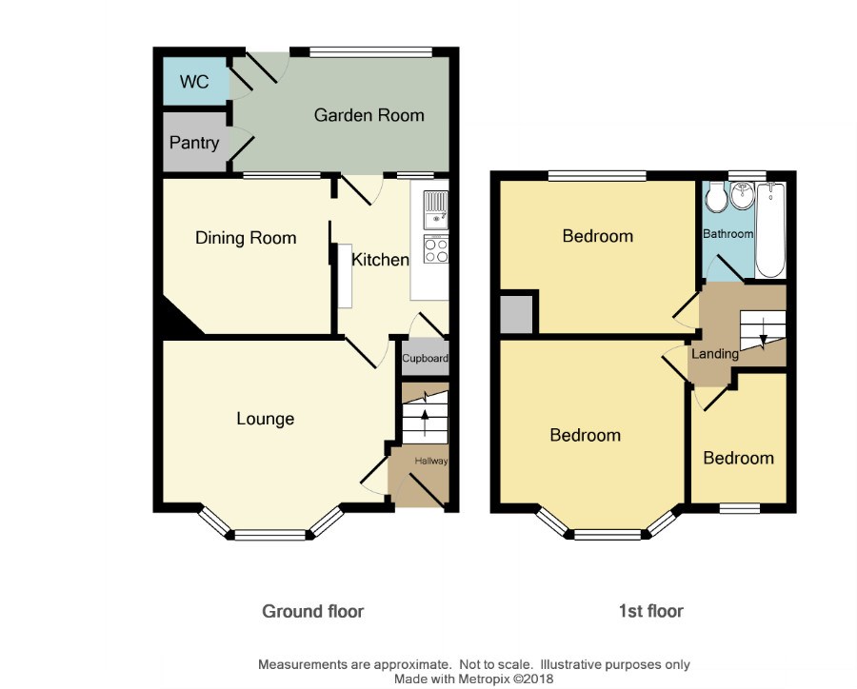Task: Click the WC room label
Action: click(x=194, y=82)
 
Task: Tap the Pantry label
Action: click(x=194, y=143)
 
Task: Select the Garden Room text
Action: click(x=369, y=115)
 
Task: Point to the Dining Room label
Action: click(x=246, y=238)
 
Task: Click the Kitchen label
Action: click(x=380, y=260)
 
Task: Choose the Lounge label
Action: click(x=265, y=419)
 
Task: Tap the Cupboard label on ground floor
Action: click(x=426, y=359)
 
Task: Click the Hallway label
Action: click(x=431, y=461)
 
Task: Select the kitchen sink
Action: click(x=436, y=210)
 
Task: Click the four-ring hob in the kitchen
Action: click(x=436, y=251)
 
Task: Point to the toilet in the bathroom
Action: click(x=716, y=197)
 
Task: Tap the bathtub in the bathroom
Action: click(x=770, y=230)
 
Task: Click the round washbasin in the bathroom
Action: click(x=742, y=196)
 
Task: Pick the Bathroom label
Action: click(x=728, y=234)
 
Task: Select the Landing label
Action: click(x=715, y=354)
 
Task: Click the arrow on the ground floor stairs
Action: click(x=425, y=422)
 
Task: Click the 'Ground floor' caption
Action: click(x=313, y=611)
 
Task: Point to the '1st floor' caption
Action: click(x=651, y=611)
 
